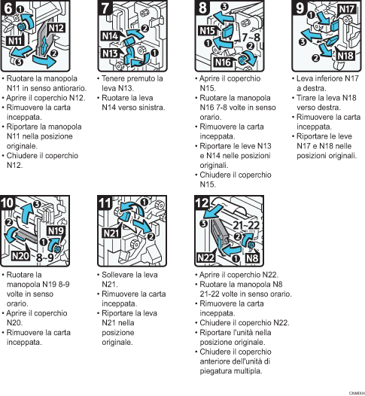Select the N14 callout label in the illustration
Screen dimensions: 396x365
pyautogui.click(x=109, y=36)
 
